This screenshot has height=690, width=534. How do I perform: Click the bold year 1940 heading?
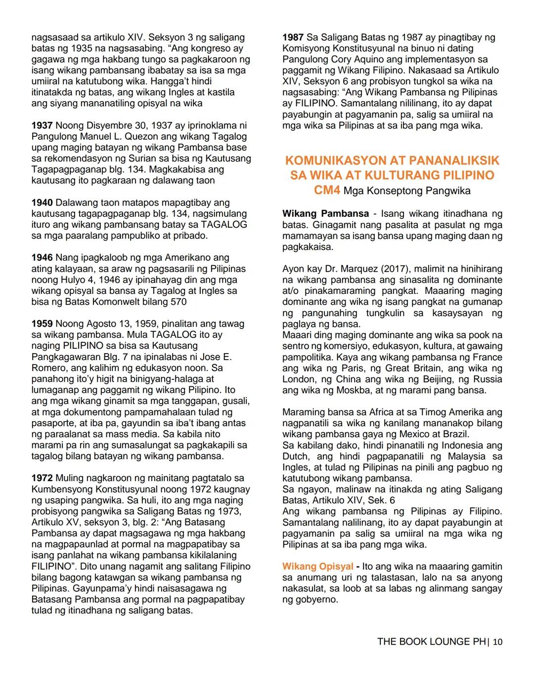click(x=42, y=203)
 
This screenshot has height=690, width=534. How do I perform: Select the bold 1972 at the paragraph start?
click(x=42, y=478)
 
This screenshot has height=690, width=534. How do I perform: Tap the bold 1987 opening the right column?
click(x=293, y=38)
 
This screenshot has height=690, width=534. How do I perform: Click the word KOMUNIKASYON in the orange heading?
click(x=334, y=161)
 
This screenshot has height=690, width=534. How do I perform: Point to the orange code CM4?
click(x=327, y=191)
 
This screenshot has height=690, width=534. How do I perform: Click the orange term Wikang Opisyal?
click(x=317, y=567)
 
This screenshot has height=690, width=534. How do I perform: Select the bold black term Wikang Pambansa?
click(x=325, y=214)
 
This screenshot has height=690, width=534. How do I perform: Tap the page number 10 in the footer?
click(x=497, y=642)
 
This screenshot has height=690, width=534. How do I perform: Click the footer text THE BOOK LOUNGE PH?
click(x=431, y=642)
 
